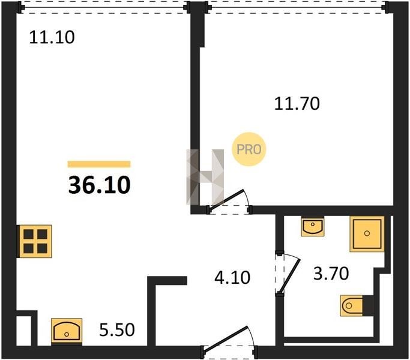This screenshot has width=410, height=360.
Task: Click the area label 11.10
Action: pos(52,37)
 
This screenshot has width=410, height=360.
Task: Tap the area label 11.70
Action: pos(297,104)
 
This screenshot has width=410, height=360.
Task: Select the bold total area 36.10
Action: pos(99,185)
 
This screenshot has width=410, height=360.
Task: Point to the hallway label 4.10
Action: pos(232,277)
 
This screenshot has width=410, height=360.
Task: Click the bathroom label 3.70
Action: pos(331,274)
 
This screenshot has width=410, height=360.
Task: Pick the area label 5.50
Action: pos(117,329)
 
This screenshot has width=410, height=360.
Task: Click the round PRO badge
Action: pos(249,149)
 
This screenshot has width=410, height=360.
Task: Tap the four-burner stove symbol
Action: pos(34,241)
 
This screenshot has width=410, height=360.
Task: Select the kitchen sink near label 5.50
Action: pos(67,331)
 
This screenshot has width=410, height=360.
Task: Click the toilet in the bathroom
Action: pos(352,305)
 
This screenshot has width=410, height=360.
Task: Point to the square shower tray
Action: pos(367,234)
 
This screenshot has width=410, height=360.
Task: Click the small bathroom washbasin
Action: pos(313,226)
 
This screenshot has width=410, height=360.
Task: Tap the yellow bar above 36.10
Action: pos(99,164)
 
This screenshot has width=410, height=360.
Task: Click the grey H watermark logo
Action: pos(205,177)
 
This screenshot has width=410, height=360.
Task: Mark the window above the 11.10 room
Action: pos(102,7)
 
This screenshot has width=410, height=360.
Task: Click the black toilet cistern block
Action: pos(368,305)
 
